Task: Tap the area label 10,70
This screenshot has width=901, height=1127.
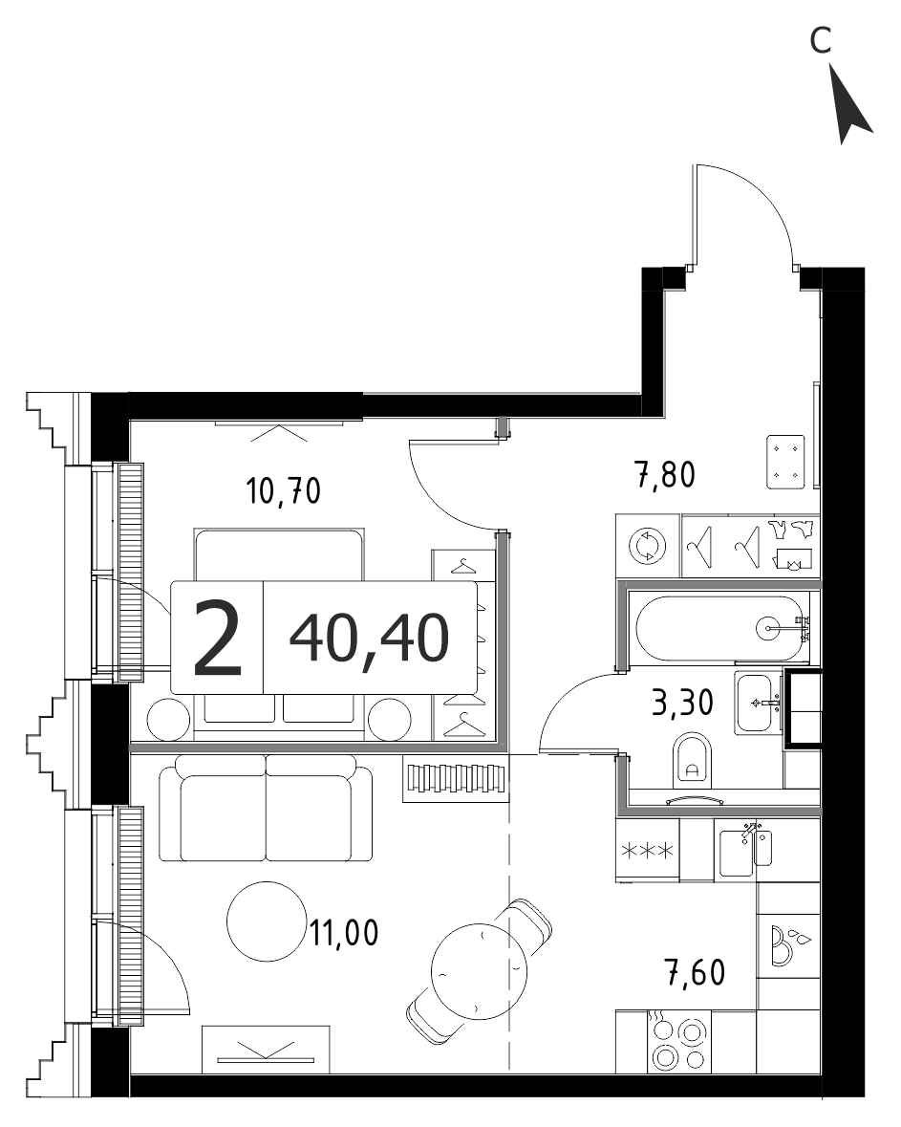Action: pyautogui.click(x=283, y=491)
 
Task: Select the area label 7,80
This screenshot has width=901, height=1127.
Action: pyautogui.click(x=665, y=475)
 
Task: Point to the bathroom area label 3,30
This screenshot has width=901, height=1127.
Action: pyautogui.click(x=682, y=703)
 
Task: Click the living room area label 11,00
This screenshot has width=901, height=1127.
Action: pyautogui.click(x=344, y=933)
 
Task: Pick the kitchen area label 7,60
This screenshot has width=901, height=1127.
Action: pyautogui.click(x=695, y=972)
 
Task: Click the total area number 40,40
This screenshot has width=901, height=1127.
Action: pyautogui.click(x=370, y=638)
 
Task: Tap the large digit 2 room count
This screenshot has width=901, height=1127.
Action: pyautogui.click(x=218, y=639)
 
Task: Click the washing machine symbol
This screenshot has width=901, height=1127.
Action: pyautogui.click(x=648, y=546)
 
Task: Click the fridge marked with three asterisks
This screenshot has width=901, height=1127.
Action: pyautogui.click(x=648, y=851)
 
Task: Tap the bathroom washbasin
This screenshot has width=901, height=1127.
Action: pyautogui.click(x=759, y=703)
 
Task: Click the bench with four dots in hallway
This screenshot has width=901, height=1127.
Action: pyautogui.click(x=784, y=462)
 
